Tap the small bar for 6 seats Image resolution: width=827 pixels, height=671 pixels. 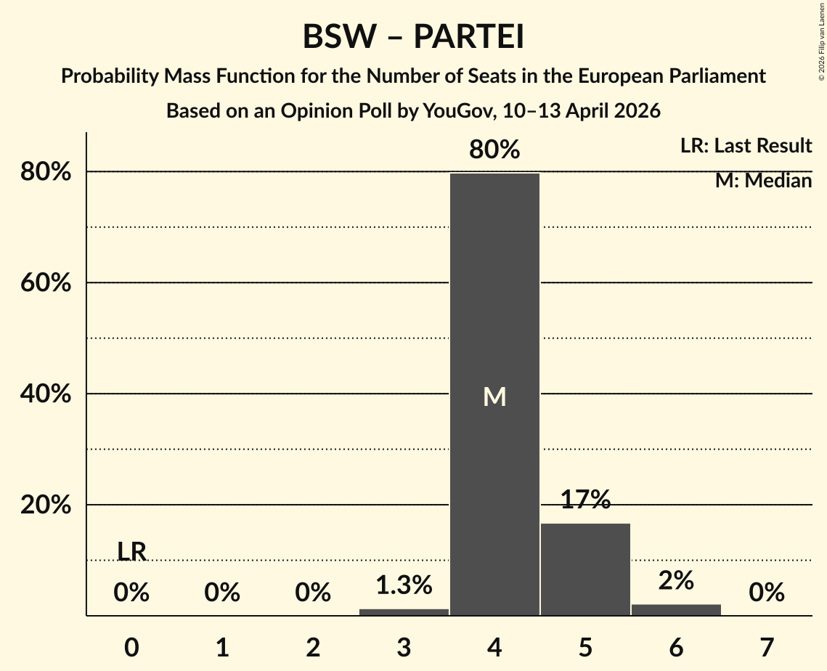pyautogui.click(x=676, y=610)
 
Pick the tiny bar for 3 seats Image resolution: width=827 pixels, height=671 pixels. pyautogui.click(x=404, y=612)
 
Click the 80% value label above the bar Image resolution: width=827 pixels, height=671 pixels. pyautogui.click(x=494, y=150)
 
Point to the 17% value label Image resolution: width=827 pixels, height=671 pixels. pyautogui.click(x=585, y=500)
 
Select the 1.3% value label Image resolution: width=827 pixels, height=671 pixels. pyautogui.click(x=404, y=585)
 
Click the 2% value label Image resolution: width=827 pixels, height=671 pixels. pyautogui.click(x=676, y=580)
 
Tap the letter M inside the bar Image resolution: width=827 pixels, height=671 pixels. pyautogui.click(x=494, y=396)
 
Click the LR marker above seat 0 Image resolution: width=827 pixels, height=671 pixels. pyautogui.click(x=131, y=552)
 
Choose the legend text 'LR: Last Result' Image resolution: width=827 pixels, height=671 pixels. pyautogui.click(x=746, y=146)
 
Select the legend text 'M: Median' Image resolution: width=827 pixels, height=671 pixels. pyautogui.click(x=763, y=181)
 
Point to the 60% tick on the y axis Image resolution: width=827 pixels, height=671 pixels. pyautogui.click(x=45, y=283)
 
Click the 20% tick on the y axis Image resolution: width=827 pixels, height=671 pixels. pyautogui.click(x=45, y=505)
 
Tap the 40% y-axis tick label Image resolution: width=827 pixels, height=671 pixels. pyautogui.click(x=45, y=394)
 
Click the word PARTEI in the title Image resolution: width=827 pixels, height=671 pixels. pyautogui.click(x=469, y=38)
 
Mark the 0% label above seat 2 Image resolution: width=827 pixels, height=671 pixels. pyautogui.click(x=313, y=593)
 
